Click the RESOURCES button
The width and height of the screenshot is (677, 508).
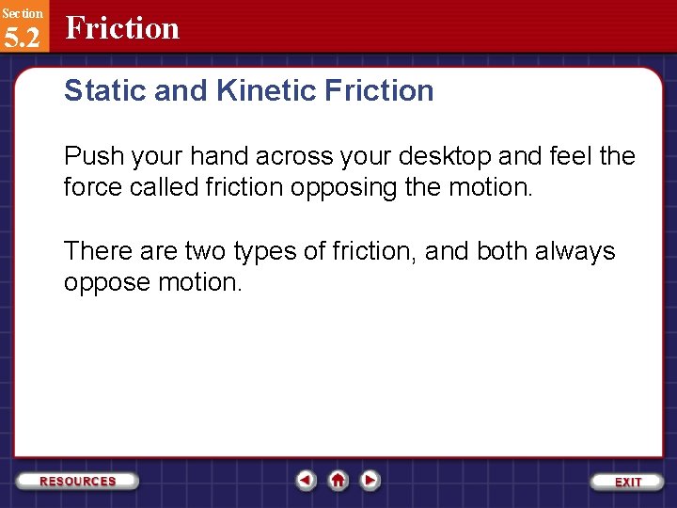[x=78, y=481]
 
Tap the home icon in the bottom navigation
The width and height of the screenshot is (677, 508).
[x=338, y=480]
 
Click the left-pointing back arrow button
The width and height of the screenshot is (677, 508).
[x=306, y=480]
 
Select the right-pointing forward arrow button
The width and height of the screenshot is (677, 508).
[x=370, y=480]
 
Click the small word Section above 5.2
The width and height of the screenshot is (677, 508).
[x=22, y=12]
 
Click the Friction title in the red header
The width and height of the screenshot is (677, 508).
[x=122, y=28]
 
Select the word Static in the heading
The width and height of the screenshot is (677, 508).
[x=98, y=91]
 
